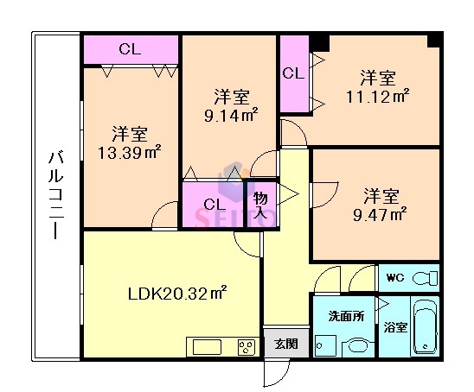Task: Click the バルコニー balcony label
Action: (x=55, y=197)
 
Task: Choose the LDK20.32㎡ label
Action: (x=170, y=294)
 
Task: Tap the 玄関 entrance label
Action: (x=286, y=344)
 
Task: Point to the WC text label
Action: (x=395, y=278)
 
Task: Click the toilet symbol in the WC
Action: (x=423, y=279)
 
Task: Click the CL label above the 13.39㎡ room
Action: (x=130, y=49)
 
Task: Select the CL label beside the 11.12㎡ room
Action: (x=293, y=74)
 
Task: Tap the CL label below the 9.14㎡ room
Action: (x=214, y=205)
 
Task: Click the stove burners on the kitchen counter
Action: (x=247, y=348)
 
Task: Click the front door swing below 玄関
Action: (x=275, y=373)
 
